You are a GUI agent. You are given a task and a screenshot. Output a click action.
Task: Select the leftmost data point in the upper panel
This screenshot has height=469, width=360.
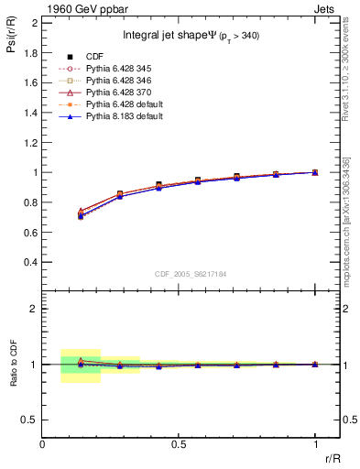[81, 215]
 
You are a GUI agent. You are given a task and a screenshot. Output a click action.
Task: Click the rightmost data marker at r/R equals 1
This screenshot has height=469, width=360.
[315, 172]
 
